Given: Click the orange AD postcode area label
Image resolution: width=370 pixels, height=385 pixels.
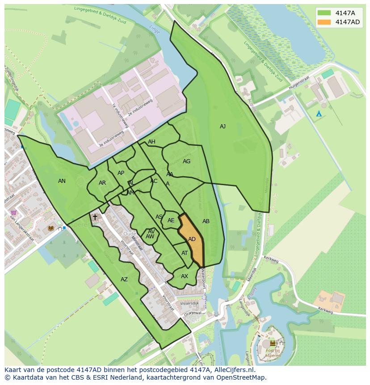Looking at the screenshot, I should pyautogui.click(x=192, y=239).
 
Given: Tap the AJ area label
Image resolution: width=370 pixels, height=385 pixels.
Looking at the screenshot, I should pyautogui.click(x=223, y=127).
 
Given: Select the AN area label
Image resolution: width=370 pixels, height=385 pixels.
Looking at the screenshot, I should pyautogui.click(x=62, y=181).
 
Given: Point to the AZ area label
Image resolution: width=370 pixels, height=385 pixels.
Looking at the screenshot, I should pyautogui.click(x=124, y=279).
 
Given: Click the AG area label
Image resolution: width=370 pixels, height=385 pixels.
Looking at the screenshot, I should pyautogui.click(x=186, y=161).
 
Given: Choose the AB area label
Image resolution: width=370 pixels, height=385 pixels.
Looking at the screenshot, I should pyautogui.click(x=206, y=221).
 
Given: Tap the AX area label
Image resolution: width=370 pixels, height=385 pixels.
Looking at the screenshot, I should pyautogui.click(x=185, y=276).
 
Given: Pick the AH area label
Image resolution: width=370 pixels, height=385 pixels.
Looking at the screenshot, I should pyautogui.click(x=151, y=142).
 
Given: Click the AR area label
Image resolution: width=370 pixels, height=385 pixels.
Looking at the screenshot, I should pyautogui.click(x=102, y=183).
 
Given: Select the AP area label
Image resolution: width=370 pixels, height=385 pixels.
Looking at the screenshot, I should pyautogui.click(x=121, y=173).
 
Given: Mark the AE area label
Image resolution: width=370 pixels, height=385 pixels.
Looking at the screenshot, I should pyautogui.click(x=171, y=220).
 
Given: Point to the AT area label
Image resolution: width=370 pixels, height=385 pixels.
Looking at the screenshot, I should pyautogui.click(x=185, y=253).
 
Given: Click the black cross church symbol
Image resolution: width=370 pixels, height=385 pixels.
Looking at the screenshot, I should pyautogui.click(x=95, y=217).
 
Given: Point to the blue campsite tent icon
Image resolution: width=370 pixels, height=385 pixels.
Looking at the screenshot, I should pyautogui.click(x=319, y=114).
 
